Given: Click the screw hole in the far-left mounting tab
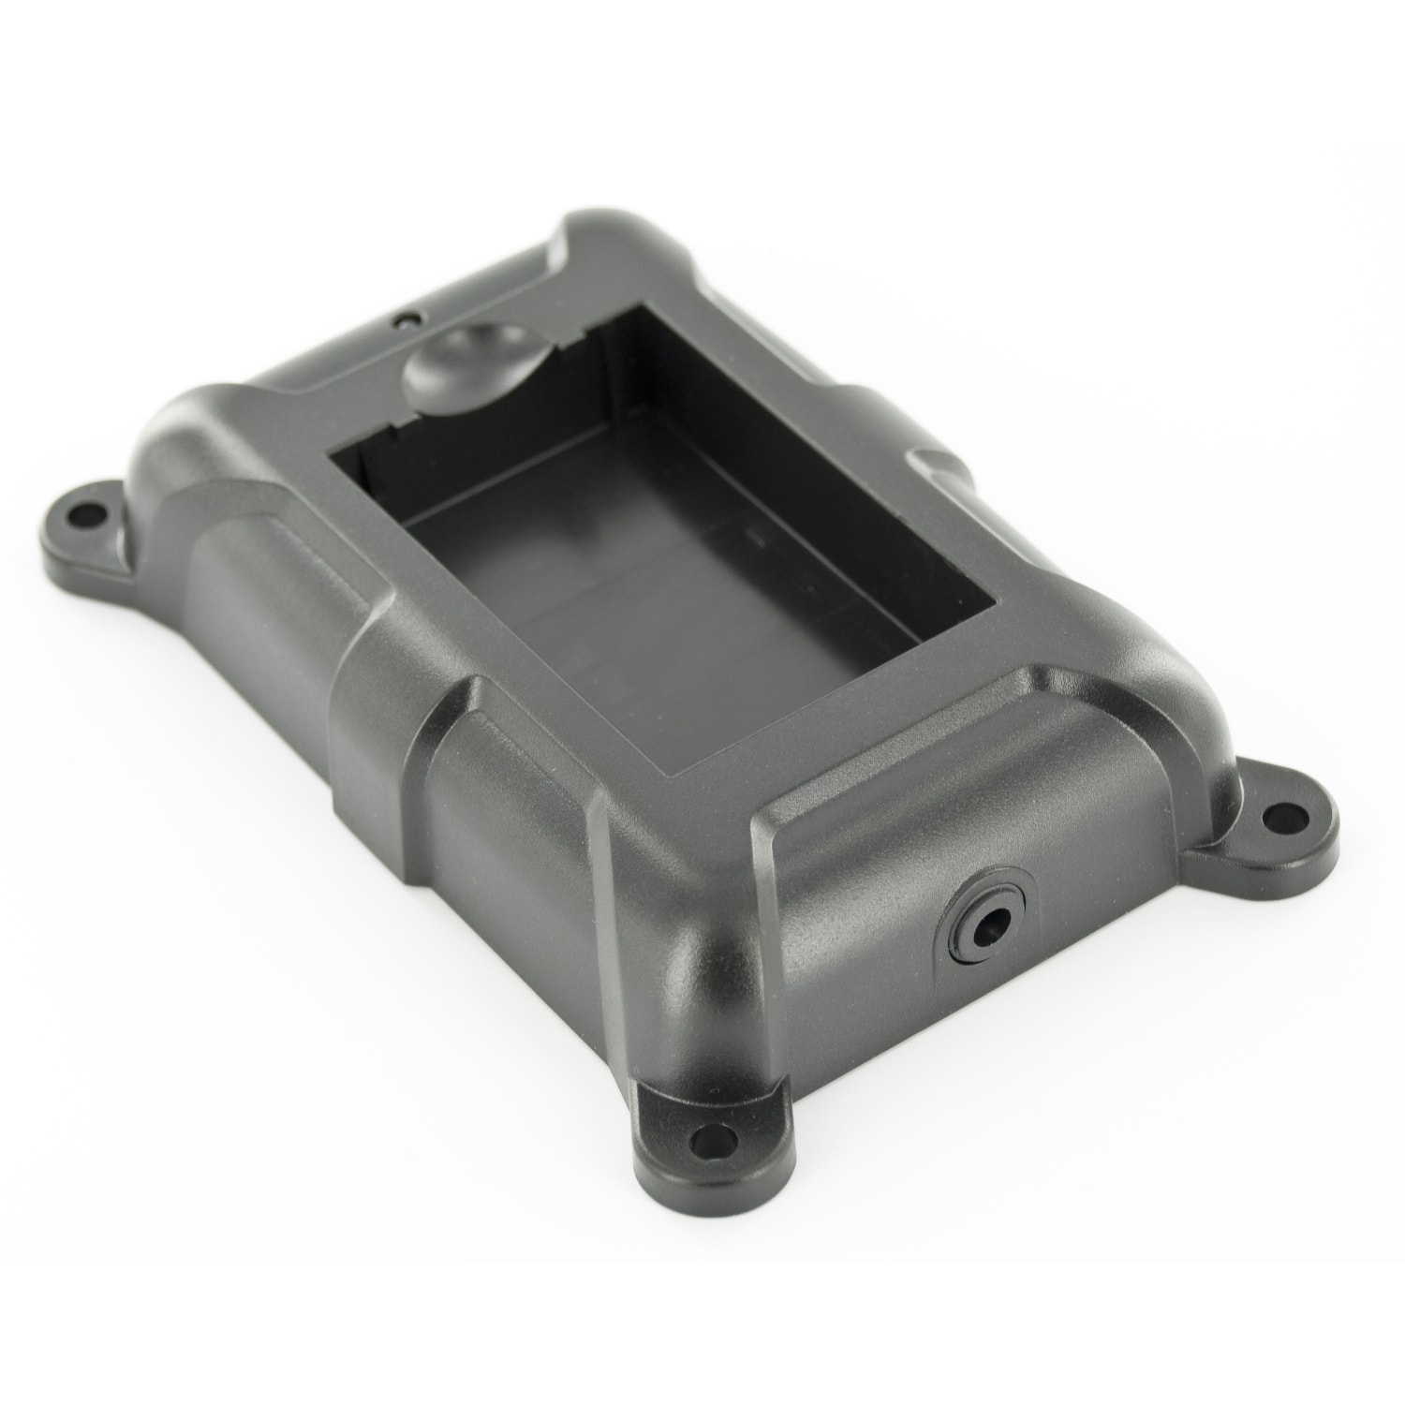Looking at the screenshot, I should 91,515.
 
